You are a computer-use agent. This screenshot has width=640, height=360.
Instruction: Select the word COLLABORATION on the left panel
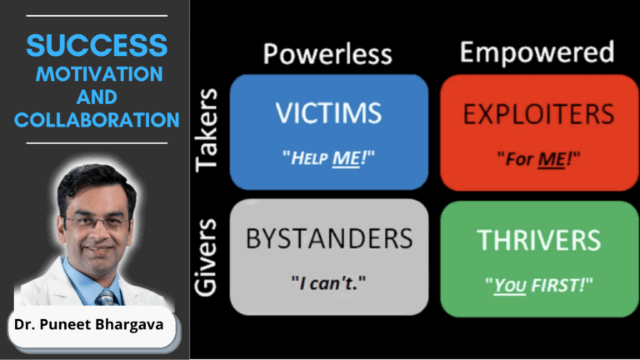[x=97, y=120]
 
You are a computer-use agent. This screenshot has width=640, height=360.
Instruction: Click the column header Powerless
[x=327, y=53]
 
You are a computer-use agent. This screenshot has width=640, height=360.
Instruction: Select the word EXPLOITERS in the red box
[x=538, y=114]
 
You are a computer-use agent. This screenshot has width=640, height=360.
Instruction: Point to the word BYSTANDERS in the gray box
[x=328, y=239]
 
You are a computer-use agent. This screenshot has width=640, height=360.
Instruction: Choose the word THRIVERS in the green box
[x=538, y=239]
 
